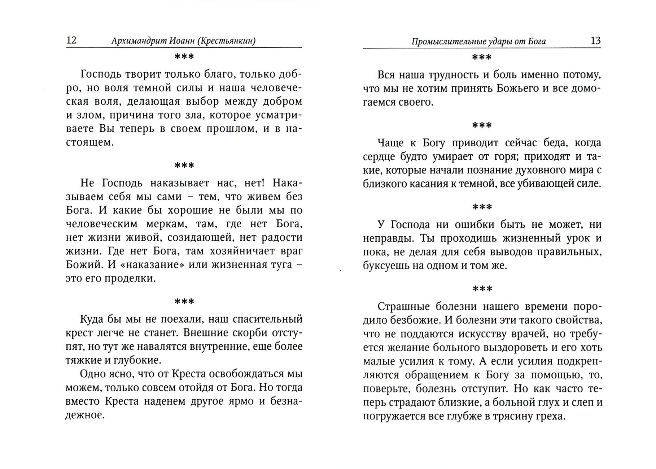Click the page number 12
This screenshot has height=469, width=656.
tap(71, 40)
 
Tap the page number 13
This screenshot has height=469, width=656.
tap(595, 40)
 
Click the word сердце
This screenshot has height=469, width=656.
tap(379, 157)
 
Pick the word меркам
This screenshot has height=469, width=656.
tap(165, 224)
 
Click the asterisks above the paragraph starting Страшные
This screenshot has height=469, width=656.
tap(482, 289)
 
